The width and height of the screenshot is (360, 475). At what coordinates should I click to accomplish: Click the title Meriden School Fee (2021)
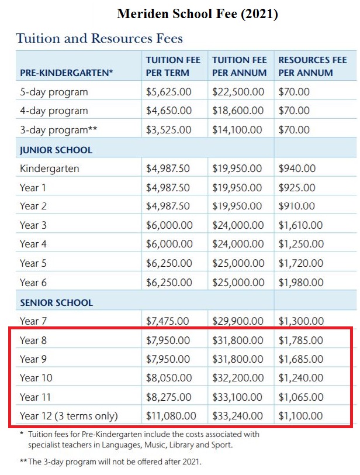pyautogui.click(x=197, y=14)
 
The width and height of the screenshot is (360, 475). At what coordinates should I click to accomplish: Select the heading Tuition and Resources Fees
pyautogui.click(x=99, y=39)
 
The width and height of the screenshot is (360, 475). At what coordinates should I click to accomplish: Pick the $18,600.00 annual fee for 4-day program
pyautogui.click(x=237, y=111)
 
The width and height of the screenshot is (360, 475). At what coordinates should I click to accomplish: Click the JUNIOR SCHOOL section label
pyautogui.click(x=56, y=150)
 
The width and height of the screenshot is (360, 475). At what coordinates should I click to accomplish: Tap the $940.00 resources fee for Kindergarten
pyautogui.click(x=297, y=168)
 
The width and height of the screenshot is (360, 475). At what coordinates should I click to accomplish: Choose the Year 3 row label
pyautogui.click(x=33, y=225)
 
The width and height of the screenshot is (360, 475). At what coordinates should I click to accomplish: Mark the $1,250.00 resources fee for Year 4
pyautogui.click(x=300, y=244)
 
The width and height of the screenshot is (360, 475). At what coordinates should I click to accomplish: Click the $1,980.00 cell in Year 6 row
pyautogui.click(x=300, y=283)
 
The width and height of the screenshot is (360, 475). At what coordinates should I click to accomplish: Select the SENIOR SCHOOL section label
pyautogui.click(x=56, y=302)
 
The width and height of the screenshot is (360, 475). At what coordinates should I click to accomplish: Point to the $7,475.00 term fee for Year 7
pyautogui.click(x=168, y=321)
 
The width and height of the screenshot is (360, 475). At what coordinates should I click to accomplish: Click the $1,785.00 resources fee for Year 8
pyautogui.click(x=301, y=340)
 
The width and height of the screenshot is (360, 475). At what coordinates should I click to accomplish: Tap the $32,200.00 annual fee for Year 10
pyautogui.click(x=238, y=378)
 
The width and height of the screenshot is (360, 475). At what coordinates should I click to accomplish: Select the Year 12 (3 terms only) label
pyautogui.click(x=68, y=416)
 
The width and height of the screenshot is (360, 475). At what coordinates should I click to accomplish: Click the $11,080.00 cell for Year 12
pyautogui.click(x=171, y=416)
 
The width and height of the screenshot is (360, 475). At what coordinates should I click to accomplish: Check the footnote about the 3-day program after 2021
pyautogui.click(x=112, y=462)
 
